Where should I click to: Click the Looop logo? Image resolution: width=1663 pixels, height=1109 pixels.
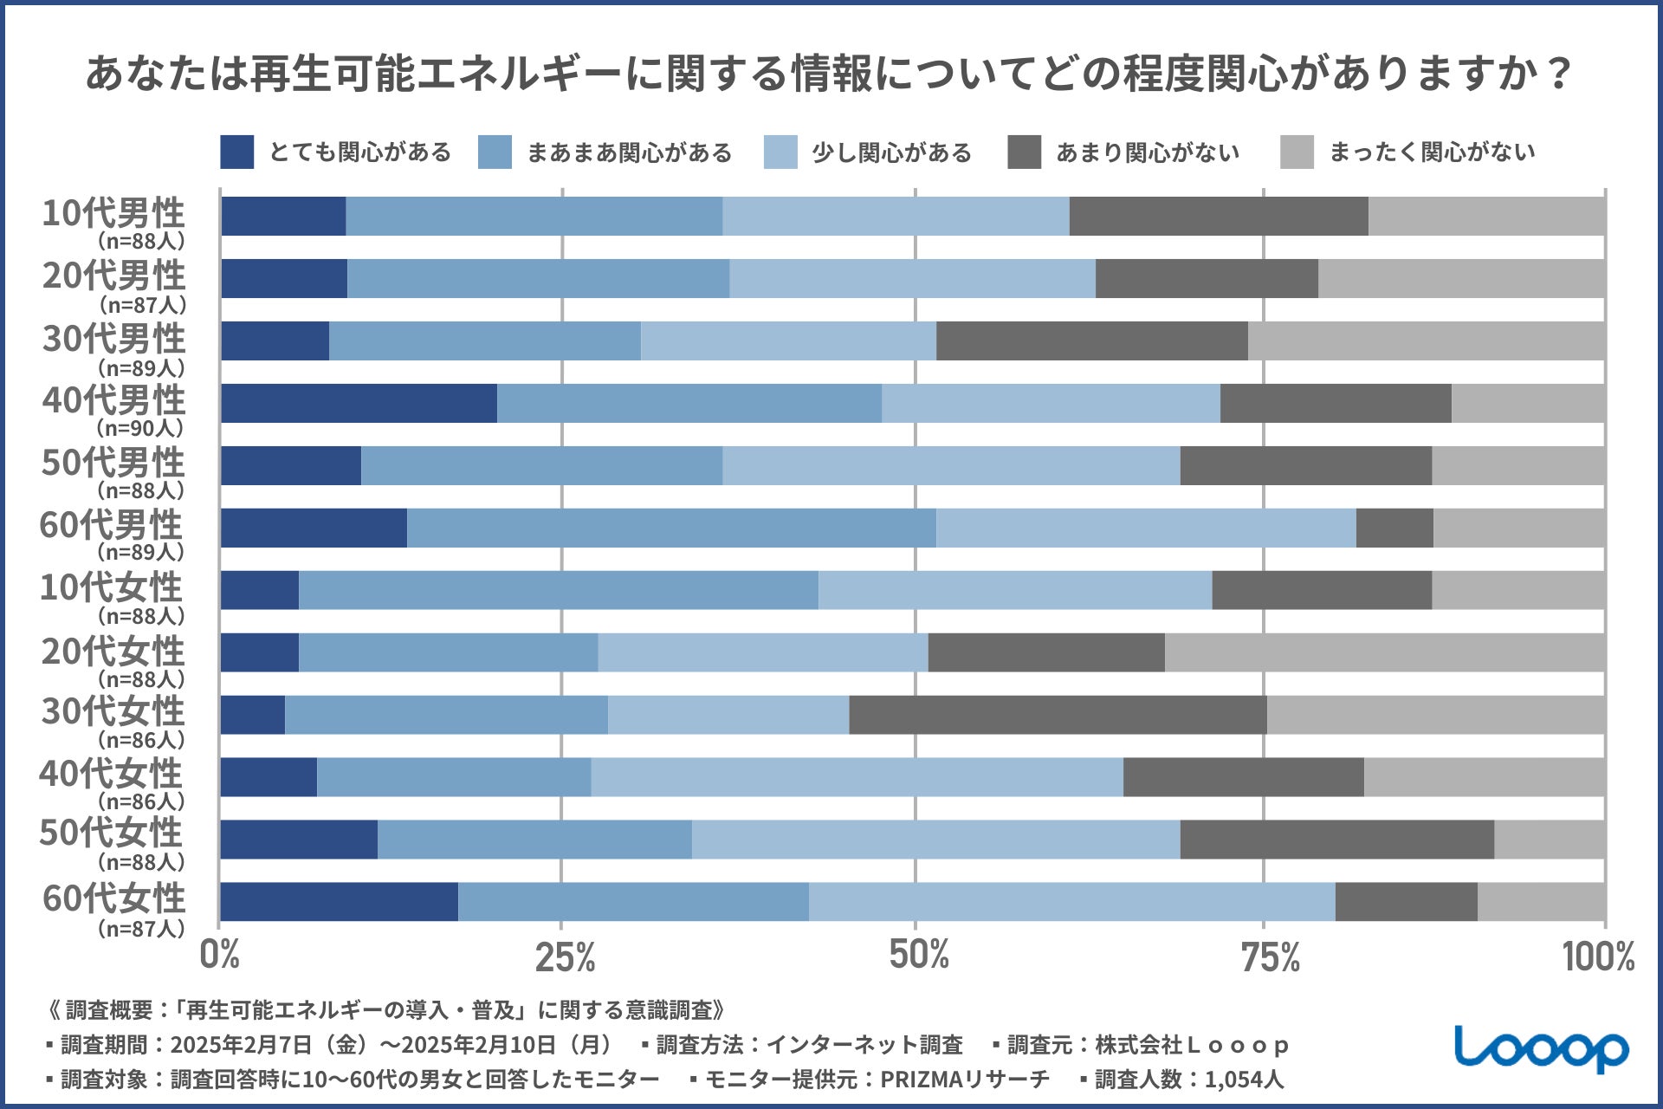click(1541, 1049)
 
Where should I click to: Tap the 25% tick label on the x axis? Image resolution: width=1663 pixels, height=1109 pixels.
click(565, 957)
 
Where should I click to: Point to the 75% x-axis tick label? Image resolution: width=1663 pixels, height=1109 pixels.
click(1270, 957)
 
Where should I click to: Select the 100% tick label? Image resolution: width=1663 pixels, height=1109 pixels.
click(1598, 957)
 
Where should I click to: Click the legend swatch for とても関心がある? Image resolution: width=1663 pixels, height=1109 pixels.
click(236, 152)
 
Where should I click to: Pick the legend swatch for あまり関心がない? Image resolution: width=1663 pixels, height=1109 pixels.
click(1025, 152)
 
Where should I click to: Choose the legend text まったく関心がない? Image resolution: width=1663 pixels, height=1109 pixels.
click(1432, 152)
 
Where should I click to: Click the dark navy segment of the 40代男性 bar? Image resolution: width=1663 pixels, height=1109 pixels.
click(359, 404)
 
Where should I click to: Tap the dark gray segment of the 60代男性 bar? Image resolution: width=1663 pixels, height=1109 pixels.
click(1394, 529)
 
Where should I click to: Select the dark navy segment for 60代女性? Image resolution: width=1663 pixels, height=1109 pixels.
click(339, 902)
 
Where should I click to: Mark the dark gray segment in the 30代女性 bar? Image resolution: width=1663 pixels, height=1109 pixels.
click(1058, 715)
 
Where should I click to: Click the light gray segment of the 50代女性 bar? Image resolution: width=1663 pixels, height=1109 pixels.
click(1550, 840)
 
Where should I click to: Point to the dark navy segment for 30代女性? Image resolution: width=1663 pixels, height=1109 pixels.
click(252, 715)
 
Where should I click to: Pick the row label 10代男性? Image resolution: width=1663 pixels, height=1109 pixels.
click(113, 213)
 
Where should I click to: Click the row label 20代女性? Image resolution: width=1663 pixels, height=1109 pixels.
click(113, 651)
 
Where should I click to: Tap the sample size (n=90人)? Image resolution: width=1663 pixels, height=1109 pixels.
click(140, 428)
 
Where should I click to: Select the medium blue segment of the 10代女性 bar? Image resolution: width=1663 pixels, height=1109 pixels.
click(558, 590)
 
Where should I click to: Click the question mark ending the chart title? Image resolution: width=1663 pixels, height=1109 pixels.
click(1560, 75)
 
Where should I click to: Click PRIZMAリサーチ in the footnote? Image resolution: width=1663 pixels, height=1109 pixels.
click(964, 1080)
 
